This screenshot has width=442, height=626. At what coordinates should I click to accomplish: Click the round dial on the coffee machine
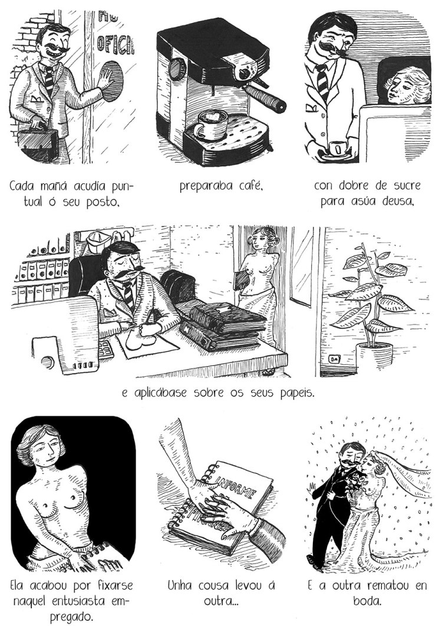176,69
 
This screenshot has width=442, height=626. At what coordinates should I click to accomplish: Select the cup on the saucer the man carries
338,149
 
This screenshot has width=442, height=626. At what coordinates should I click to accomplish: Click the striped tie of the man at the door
49,80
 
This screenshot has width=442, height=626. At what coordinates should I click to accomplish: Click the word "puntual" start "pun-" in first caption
120,186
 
